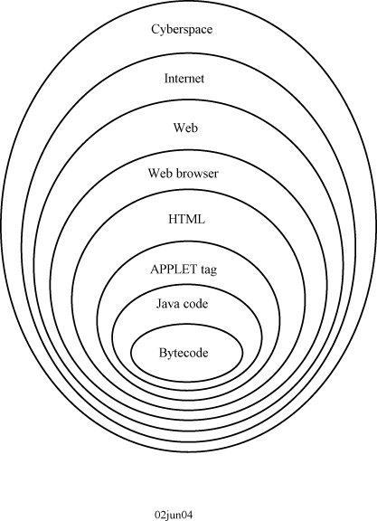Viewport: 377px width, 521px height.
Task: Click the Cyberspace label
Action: click(x=182, y=30)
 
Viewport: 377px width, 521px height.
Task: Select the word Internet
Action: click(x=184, y=79)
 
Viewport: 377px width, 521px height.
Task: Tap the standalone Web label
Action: click(x=185, y=128)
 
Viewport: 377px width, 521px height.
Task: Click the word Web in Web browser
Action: click(x=159, y=173)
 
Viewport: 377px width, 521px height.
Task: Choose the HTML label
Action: click(x=186, y=219)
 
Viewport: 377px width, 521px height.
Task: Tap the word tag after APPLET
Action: click(x=209, y=270)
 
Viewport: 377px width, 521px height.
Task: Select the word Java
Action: click(x=166, y=304)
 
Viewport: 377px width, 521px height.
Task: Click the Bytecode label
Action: click(x=184, y=353)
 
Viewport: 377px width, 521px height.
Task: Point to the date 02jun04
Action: click(x=174, y=515)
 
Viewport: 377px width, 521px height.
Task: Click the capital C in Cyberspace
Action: click(x=156, y=29)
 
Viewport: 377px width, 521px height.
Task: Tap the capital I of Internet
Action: click(x=167, y=79)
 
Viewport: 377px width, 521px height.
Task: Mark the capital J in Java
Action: click(x=159, y=304)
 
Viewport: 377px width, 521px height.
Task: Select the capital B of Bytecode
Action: click(x=163, y=352)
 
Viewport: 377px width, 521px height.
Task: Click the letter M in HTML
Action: click(x=193, y=219)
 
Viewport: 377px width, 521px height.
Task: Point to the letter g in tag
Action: click(x=213, y=271)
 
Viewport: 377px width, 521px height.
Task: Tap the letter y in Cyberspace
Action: click(x=165, y=31)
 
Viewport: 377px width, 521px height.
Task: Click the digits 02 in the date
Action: click(x=160, y=515)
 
